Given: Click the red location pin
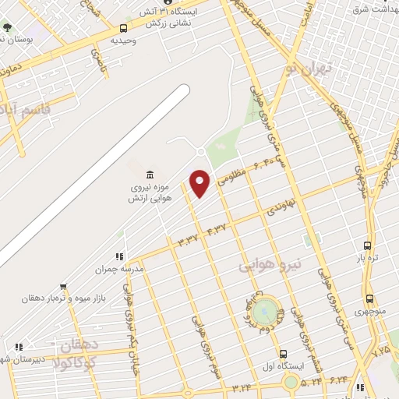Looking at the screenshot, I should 201,182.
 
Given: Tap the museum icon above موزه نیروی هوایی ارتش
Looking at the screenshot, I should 150,173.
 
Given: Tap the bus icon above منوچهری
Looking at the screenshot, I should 369,298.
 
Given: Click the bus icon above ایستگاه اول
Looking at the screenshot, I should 283,353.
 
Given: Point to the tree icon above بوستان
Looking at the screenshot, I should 7,27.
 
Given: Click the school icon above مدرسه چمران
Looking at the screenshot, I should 119,256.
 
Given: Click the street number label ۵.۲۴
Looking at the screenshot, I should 311,382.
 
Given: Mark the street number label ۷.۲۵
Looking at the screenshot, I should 380,352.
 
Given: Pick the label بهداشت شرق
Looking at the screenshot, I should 370,9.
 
